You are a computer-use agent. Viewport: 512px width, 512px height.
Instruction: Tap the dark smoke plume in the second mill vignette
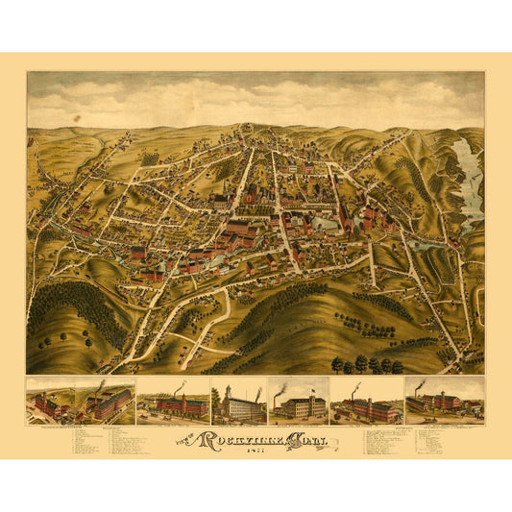(x=102, y=383)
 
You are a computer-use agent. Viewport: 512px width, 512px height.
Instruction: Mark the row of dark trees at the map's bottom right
(x=365, y=364)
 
